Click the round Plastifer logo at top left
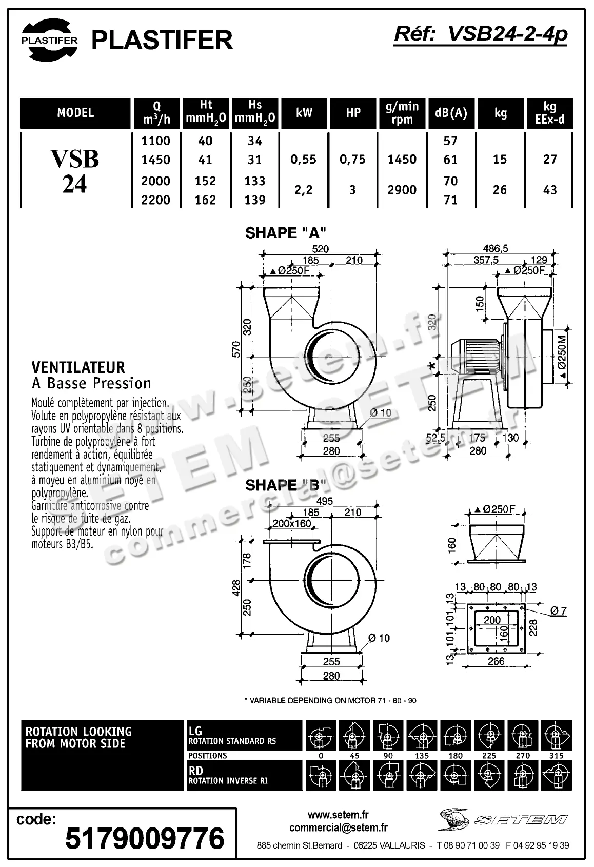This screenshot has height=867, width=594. click(x=49, y=40)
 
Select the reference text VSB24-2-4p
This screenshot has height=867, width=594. click(x=481, y=34)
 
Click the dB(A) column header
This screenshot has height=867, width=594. click(x=451, y=113)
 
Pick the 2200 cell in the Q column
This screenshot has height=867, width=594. click(x=156, y=200)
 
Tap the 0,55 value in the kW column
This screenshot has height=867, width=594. click(x=304, y=160)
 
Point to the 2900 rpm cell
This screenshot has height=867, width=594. click(x=402, y=190)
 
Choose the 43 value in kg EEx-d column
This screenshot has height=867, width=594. click(x=550, y=190)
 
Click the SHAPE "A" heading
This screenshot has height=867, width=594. click(x=286, y=233)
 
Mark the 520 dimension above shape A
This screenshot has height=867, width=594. click(x=321, y=249)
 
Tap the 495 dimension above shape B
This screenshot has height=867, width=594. click(x=325, y=501)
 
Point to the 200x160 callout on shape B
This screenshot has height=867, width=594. click(x=292, y=524)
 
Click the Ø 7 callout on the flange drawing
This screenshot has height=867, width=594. click(x=558, y=610)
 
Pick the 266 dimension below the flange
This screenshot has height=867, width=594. click(x=496, y=661)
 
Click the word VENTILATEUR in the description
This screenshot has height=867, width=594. click(x=78, y=367)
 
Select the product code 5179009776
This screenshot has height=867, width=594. click(x=145, y=838)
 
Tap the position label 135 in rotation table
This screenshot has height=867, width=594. click(x=422, y=756)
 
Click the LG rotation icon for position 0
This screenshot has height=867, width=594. click(x=321, y=736)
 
